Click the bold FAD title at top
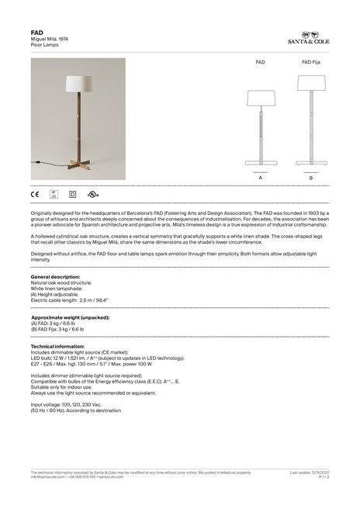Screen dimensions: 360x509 (36, 33)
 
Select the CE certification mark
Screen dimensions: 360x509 (35, 195)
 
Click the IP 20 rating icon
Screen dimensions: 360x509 (54, 195)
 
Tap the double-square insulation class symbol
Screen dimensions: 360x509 (74, 195)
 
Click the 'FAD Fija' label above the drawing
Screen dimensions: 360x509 (311, 60)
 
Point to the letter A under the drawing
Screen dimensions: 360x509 (261, 178)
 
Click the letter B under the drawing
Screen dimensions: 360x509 (310, 178)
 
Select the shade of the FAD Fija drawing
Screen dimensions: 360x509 (311, 97)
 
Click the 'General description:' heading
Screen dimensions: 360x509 (55, 277)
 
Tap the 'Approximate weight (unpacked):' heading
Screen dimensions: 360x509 (70, 318)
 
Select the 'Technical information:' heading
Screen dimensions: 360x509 (57, 346)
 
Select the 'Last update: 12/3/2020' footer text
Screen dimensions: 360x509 (310, 472)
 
